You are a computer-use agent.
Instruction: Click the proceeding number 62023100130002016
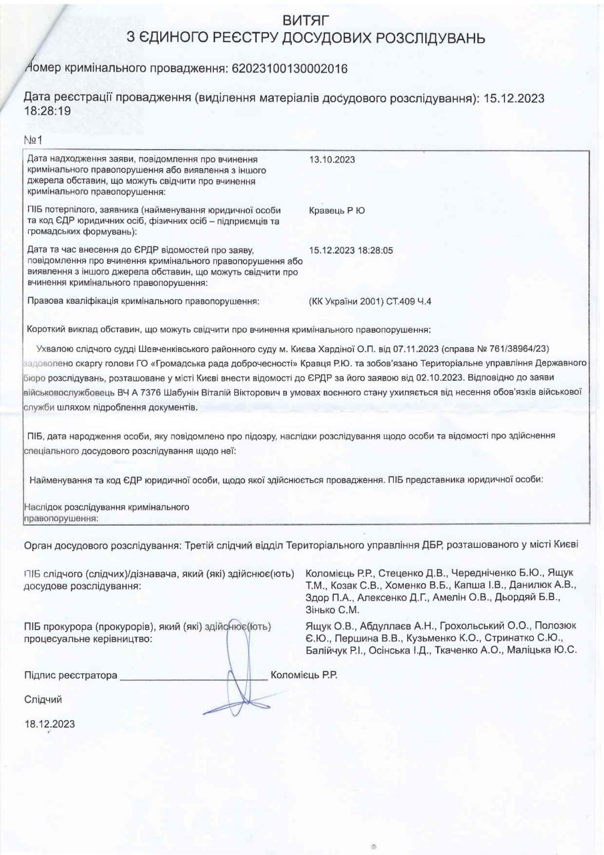coord(288,69)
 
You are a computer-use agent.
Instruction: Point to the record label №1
coord(33,140)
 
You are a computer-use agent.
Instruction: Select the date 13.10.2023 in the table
coord(332,160)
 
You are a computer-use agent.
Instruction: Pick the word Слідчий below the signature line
coord(43,699)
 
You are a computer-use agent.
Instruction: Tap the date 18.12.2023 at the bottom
coord(50,723)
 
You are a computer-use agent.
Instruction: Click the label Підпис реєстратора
coord(71,675)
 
